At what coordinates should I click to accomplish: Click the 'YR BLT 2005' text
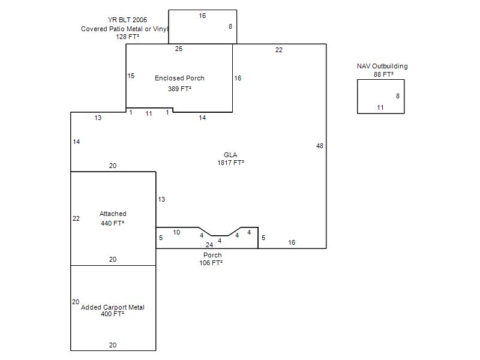point(127,20)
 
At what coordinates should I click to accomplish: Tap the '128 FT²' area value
point(127,37)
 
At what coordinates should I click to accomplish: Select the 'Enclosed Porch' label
point(179,78)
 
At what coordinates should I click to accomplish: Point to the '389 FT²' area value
point(179,89)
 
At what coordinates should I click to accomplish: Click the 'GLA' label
point(230,155)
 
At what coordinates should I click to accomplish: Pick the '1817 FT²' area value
point(230,163)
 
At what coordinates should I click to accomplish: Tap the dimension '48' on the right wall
point(320,146)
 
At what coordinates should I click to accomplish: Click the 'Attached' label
point(113,214)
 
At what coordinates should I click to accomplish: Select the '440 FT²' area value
point(113,223)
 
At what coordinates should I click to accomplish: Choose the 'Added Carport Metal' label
point(113,307)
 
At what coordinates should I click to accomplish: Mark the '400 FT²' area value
point(113,314)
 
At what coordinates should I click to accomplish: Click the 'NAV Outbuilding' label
point(382,66)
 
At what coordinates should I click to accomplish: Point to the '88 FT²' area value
point(383,74)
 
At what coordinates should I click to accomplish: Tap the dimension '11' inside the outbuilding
point(380,107)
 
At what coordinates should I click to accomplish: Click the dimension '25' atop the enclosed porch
point(179,49)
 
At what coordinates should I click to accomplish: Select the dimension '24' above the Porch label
point(209,245)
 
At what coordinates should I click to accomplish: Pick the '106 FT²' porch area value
point(211,263)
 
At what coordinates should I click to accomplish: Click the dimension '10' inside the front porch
point(176,232)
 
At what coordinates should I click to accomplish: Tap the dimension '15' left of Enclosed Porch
point(131,76)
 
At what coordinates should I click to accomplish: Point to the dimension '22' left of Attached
point(76,218)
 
